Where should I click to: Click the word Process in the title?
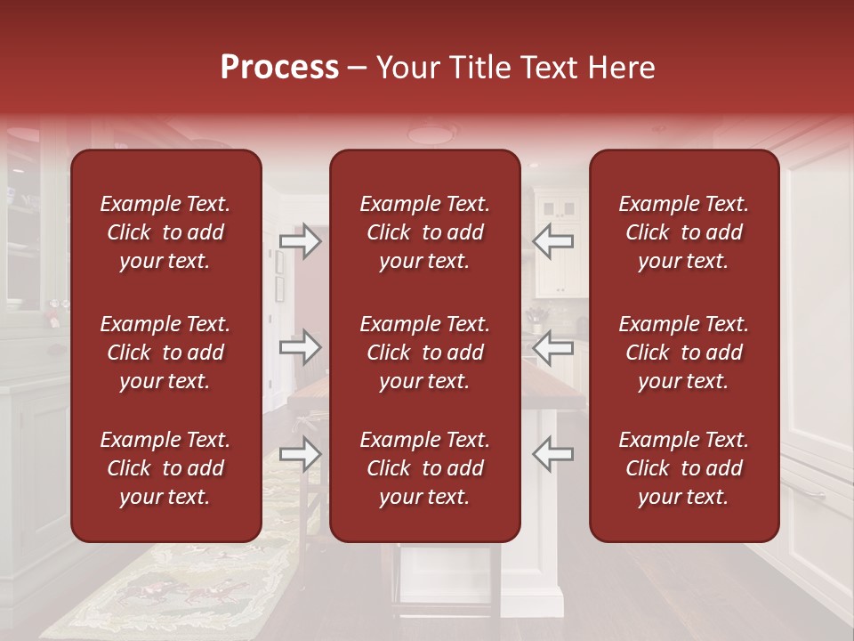[x=279, y=67]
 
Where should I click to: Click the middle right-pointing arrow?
[x=300, y=347]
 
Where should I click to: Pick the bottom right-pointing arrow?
[x=300, y=455]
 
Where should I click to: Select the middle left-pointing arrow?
[x=553, y=347]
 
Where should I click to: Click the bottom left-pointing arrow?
[x=553, y=455]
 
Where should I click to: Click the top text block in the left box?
[x=165, y=232]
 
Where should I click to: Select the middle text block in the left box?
[x=165, y=353]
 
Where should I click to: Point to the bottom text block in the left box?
[x=165, y=468]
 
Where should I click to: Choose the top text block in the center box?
[x=424, y=232]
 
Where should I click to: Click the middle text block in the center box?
[x=424, y=353]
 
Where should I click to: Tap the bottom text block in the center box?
[x=424, y=468]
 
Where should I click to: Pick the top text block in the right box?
[x=683, y=232]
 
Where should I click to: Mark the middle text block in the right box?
[x=683, y=353]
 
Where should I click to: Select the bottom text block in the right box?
[x=683, y=468]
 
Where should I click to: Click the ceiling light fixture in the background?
[x=431, y=134]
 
